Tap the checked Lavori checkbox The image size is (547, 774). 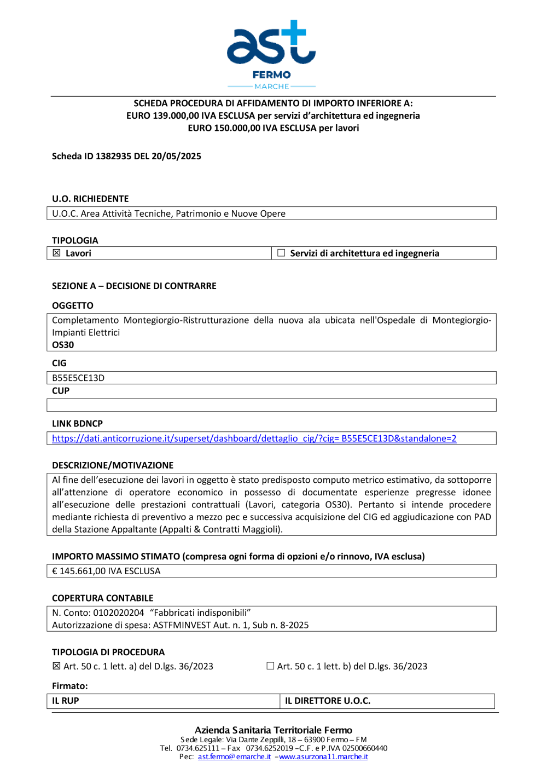tap(56, 253)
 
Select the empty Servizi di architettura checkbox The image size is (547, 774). tap(281, 253)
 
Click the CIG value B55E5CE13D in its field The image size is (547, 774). tap(78, 378)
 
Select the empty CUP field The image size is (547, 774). tap(271, 405)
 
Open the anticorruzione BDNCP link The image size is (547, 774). tap(254, 438)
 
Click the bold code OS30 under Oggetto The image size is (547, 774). tap(63, 345)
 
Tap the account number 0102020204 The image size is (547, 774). tap(119, 613)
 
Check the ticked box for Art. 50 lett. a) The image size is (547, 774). tap(56, 666)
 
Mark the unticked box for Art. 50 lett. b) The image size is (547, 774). tap(270, 666)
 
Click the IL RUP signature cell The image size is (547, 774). tap(163, 701)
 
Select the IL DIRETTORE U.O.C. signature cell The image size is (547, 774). tap(387, 701)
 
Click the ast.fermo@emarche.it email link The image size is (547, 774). tap(234, 756)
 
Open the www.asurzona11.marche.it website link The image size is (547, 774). tap(323, 756)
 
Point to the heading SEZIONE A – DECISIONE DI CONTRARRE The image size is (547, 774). tap(134, 286)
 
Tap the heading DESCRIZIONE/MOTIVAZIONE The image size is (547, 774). tap(113, 465)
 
